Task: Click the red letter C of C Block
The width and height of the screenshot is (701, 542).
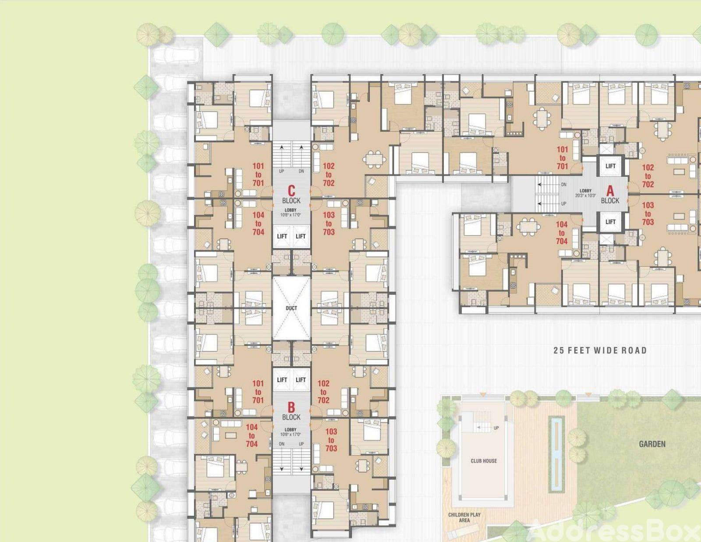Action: point(291,191)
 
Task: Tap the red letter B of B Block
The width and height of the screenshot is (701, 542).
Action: point(291,407)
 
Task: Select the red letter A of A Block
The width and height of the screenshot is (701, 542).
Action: point(610,191)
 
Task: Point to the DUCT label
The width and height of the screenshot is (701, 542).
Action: point(291,308)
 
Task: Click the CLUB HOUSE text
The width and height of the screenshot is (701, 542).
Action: point(484,461)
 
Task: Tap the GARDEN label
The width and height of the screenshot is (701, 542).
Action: point(652,444)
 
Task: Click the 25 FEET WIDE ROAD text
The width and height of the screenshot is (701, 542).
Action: point(600,350)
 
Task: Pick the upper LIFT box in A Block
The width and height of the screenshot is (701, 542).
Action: point(610,166)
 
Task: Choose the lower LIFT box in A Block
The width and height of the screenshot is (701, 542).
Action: point(610,222)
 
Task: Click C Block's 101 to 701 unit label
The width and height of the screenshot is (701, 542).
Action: point(258,175)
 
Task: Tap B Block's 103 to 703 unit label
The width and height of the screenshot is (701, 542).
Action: point(331,440)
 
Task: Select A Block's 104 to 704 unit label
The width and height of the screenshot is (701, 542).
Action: point(562,233)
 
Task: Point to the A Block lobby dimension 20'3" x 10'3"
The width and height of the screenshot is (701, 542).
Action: point(585,196)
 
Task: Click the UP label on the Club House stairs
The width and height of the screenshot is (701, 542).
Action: point(496,428)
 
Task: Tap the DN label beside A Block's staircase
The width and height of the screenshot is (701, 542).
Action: point(563,185)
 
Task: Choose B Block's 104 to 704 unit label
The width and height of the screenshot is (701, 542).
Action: point(251,436)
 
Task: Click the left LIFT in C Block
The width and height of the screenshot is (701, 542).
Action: point(282,236)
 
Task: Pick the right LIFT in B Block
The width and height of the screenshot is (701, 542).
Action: point(301,380)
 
